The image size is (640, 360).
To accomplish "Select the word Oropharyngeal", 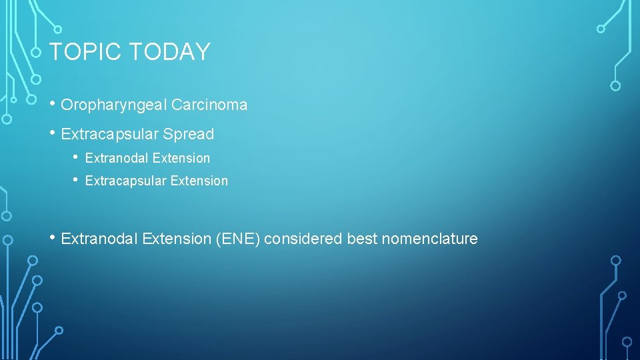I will (113, 105).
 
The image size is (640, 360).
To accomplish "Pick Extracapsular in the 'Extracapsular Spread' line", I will (111, 134).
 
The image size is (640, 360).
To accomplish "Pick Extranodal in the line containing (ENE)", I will (99, 239).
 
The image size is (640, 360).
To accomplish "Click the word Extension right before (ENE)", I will (177, 239).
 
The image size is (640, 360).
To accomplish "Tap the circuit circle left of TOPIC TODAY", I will (37, 52).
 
